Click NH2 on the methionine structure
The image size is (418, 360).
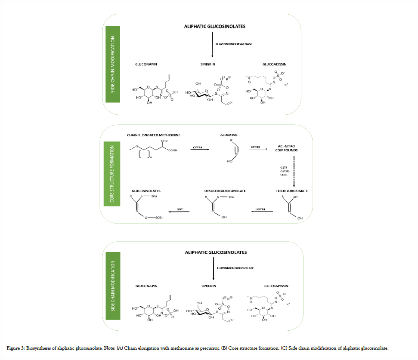pyautogui.click(x=164, y=141)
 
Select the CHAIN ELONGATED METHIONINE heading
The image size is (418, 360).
pyautogui.click(x=153, y=135)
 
